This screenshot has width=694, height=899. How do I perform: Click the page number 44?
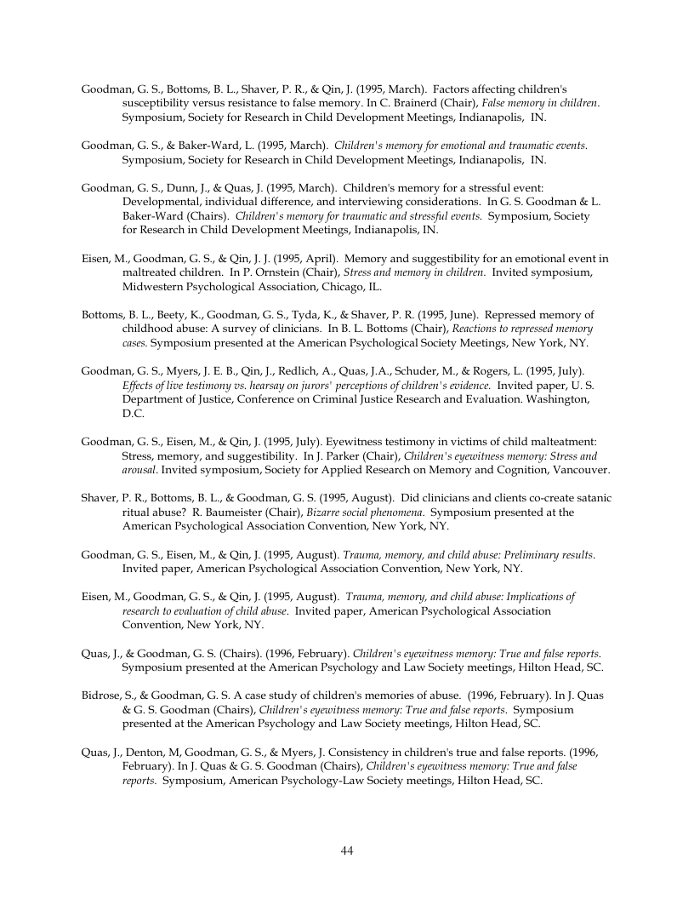[347, 850]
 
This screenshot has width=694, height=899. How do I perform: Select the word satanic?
[590, 497]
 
